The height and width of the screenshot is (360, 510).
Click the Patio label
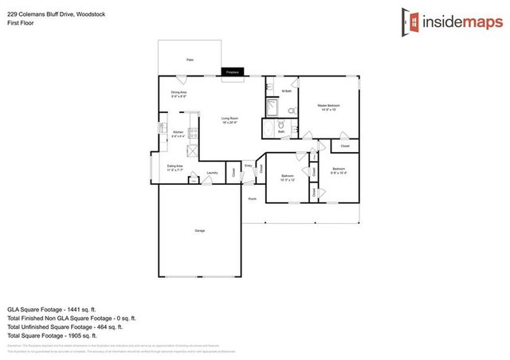tap(190, 60)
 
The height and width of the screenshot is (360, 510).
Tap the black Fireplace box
tap(233, 72)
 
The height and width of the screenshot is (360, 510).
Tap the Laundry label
tap(212, 173)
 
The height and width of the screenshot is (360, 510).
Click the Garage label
tap(199, 231)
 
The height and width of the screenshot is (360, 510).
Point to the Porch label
tap(252, 198)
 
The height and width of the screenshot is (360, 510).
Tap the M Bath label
tap(287, 92)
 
